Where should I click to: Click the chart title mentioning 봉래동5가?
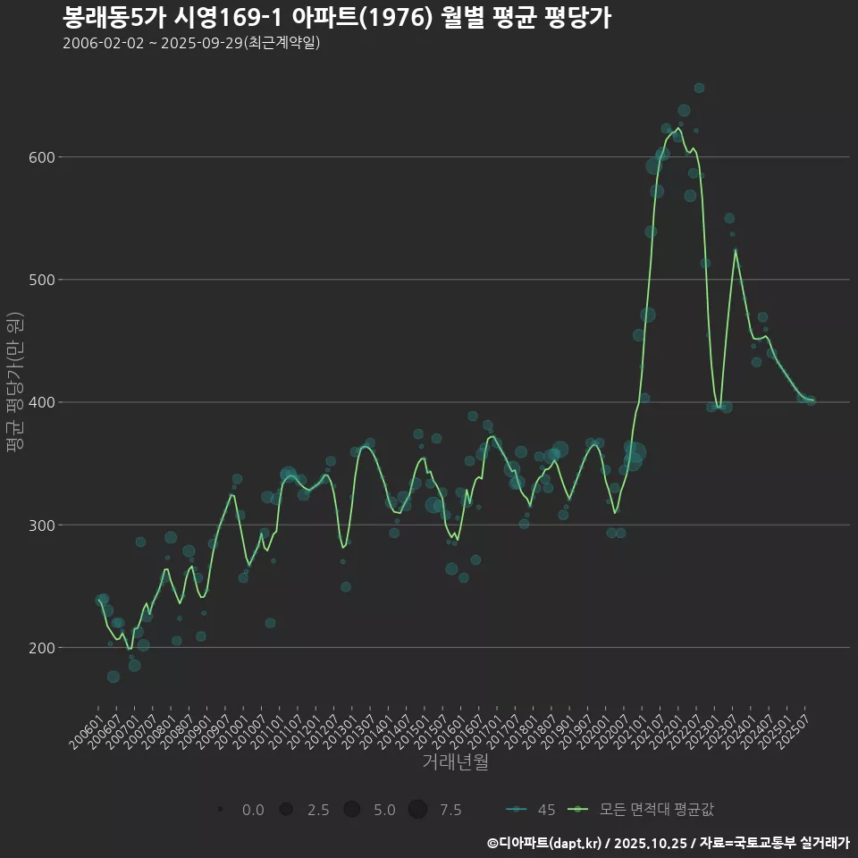coord(337,18)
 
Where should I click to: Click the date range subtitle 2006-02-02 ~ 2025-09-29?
coord(191,43)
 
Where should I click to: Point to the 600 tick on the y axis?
coord(38,157)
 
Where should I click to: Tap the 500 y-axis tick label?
coord(38,280)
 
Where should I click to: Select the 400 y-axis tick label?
coord(38,402)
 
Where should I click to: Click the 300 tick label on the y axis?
coord(38,525)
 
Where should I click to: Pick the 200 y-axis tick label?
coord(38,647)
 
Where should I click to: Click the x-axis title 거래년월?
coord(455,762)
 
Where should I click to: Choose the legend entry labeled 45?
coord(531,810)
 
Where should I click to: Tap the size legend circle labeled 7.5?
coord(417,810)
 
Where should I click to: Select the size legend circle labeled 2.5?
coord(286,810)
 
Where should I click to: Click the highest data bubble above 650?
coord(699,88)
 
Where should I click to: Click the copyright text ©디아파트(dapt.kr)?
coord(545,843)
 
